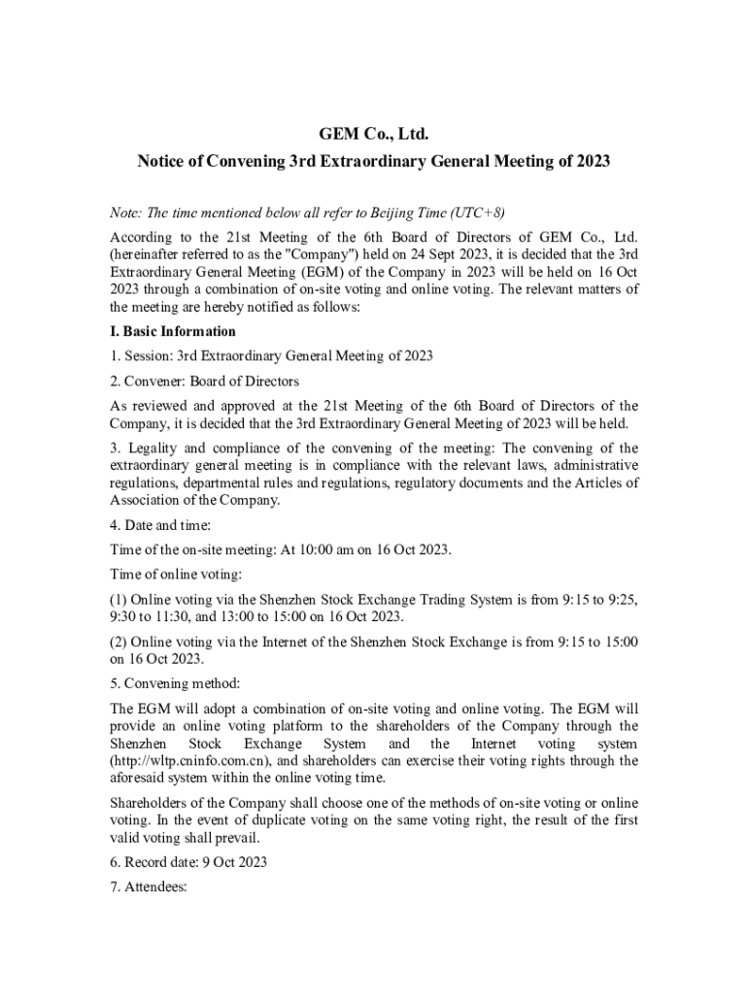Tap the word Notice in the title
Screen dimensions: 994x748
(165, 161)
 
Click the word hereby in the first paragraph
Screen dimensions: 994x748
(196, 307)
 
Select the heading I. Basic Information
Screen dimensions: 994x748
(173, 331)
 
